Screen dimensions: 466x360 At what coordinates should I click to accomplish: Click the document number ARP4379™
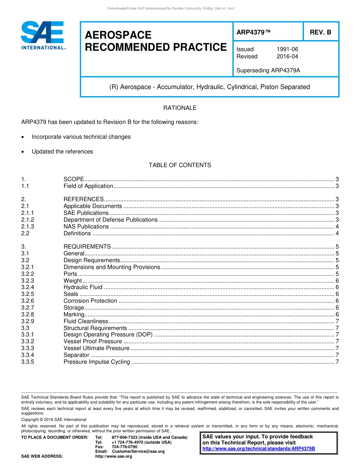[254, 32]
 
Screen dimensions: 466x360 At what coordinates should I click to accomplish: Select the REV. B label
[320, 32]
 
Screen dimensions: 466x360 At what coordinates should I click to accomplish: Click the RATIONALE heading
[180, 108]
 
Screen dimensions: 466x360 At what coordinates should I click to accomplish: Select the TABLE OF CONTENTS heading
[180, 165]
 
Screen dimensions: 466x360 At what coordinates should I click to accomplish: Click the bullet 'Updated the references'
[62, 152]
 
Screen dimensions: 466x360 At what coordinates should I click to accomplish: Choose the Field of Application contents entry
[88, 186]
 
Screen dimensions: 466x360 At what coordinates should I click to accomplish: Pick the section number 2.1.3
[28, 227]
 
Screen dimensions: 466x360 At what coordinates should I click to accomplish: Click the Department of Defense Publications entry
[110, 220]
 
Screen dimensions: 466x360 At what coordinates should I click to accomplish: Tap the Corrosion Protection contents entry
[90, 301]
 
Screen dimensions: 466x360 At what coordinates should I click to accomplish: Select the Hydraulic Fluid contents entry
[83, 287]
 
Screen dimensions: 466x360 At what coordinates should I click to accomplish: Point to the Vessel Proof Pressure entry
[92, 341]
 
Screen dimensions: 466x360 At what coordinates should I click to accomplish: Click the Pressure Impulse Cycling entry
[97, 362]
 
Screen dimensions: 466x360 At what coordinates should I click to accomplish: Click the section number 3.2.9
[28, 321]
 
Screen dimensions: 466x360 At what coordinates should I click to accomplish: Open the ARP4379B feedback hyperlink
[259, 449]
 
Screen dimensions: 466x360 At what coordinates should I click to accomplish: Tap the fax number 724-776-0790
[124, 447]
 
